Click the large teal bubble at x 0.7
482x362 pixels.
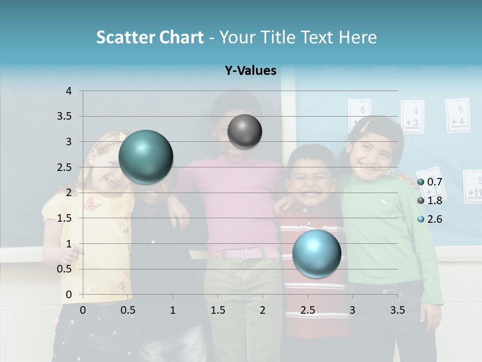pyautogui.click(x=146, y=157)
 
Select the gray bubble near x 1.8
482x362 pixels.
pyautogui.click(x=245, y=132)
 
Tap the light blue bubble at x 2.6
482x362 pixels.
pyautogui.click(x=316, y=253)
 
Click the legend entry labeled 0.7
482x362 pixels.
pyautogui.click(x=430, y=182)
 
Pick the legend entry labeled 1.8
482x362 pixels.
pyautogui.click(x=430, y=201)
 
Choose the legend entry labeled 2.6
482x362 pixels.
pyautogui.click(x=430, y=219)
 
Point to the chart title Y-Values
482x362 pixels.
pyautogui.click(x=251, y=71)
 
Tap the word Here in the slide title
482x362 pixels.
pyautogui.click(x=357, y=37)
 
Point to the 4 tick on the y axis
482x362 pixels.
pyautogui.click(x=69, y=91)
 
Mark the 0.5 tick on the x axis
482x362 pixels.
pyautogui.click(x=128, y=310)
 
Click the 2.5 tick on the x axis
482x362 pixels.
pyautogui.click(x=308, y=310)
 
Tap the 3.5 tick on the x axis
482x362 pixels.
pyautogui.click(x=398, y=310)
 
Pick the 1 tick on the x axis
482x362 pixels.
pyautogui.click(x=173, y=310)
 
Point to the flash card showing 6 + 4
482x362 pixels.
pyautogui.click(x=457, y=115)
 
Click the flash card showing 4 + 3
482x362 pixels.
pyautogui.click(x=412, y=117)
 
